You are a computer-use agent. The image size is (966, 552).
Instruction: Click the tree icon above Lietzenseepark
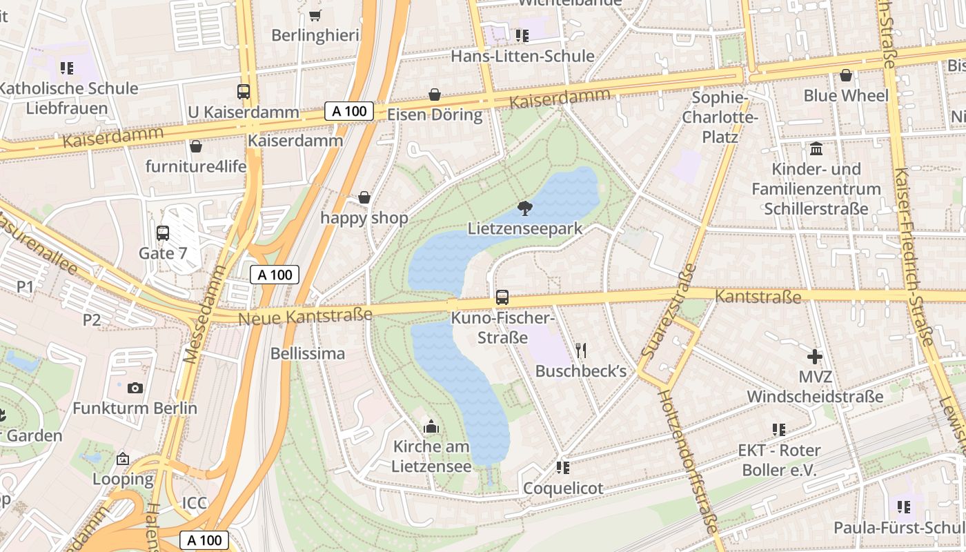[x=525, y=208]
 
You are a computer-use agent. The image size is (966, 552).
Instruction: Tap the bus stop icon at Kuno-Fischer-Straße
[x=502, y=297]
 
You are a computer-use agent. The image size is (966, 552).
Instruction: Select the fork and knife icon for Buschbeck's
[x=580, y=351]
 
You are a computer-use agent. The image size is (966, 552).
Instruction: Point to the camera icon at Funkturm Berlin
[x=135, y=388]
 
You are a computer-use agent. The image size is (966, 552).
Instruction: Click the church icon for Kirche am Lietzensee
[x=431, y=426]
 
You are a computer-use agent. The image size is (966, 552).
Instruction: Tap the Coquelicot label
[x=563, y=488]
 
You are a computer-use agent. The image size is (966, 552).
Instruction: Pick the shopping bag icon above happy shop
[x=364, y=198]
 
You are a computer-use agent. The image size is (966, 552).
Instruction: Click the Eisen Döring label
[x=435, y=115]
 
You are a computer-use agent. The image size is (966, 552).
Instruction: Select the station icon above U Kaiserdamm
[x=244, y=92]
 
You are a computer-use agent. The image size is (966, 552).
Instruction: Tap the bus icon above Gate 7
[x=163, y=233]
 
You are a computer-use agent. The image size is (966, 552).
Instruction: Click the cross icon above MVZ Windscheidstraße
[x=815, y=357]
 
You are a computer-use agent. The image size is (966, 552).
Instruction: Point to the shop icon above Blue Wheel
[x=846, y=75]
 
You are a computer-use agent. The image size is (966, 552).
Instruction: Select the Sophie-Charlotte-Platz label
[x=720, y=117]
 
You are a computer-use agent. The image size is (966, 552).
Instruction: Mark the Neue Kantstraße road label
[x=305, y=317]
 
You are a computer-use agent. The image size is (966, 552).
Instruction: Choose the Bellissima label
[x=308, y=353]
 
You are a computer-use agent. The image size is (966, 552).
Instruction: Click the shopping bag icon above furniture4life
[x=196, y=146]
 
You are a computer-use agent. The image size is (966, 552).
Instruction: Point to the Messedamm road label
[x=206, y=315]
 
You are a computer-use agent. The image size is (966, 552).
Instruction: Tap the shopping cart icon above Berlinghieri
[x=315, y=14]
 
